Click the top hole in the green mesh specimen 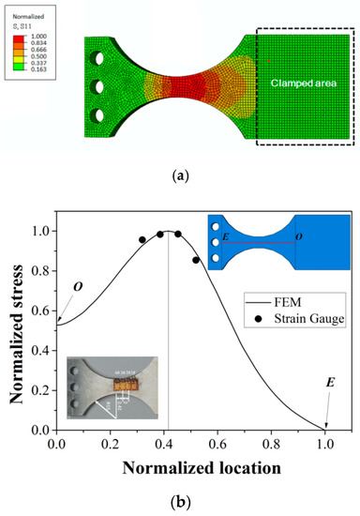[99, 59]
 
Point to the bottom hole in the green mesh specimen [99, 117]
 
